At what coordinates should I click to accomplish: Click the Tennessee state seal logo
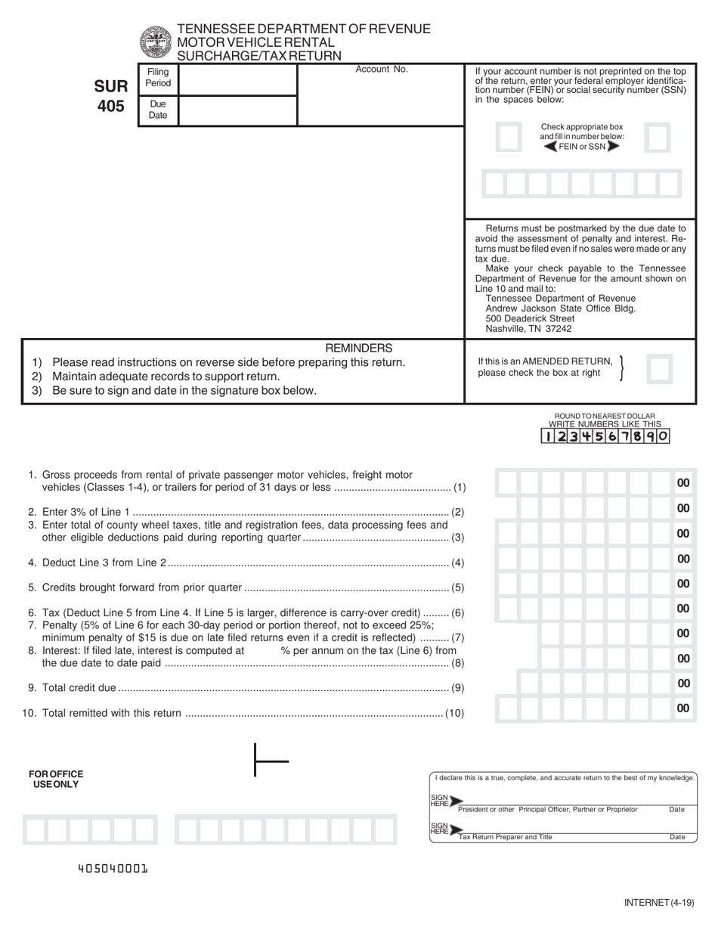point(156,42)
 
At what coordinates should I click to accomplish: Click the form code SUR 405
point(111,96)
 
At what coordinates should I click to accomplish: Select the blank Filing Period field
point(238,79)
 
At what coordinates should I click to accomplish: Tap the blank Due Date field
point(238,110)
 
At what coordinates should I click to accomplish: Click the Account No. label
point(382,70)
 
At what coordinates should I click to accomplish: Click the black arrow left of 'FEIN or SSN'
point(550,147)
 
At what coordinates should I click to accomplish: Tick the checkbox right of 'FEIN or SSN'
point(658,138)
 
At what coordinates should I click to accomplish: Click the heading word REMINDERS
point(358,349)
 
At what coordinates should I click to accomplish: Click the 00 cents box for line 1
point(683,483)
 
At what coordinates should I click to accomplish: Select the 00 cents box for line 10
point(683,708)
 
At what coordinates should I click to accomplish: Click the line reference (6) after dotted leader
point(457,613)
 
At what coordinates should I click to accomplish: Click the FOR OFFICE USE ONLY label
point(56,779)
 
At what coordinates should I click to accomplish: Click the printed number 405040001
point(113,869)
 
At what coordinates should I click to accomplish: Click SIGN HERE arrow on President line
point(456,801)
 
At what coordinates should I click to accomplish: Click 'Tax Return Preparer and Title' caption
point(506,837)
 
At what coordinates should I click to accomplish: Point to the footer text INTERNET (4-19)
point(658,903)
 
